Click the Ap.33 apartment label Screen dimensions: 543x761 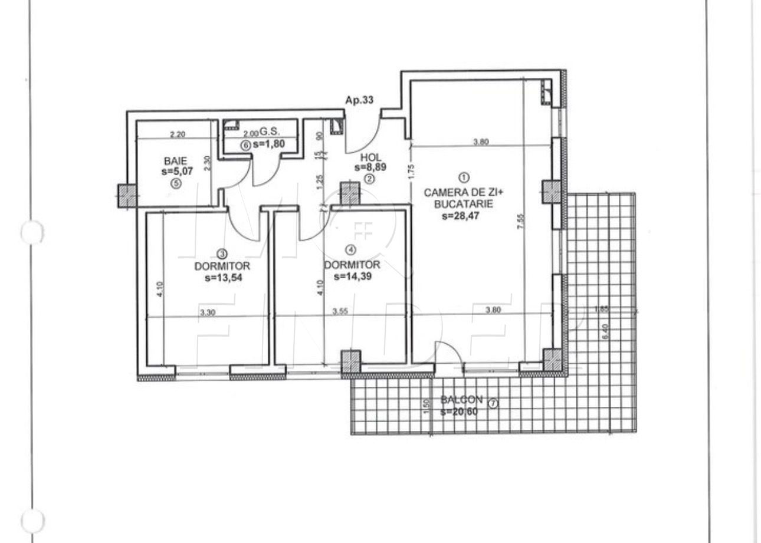(x=359, y=100)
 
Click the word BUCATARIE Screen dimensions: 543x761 (x=464, y=205)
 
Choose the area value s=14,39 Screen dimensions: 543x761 (x=352, y=276)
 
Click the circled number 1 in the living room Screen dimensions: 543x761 (x=464, y=177)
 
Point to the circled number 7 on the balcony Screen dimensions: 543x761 (x=494, y=404)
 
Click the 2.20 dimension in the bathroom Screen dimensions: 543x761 (x=178, y=134)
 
